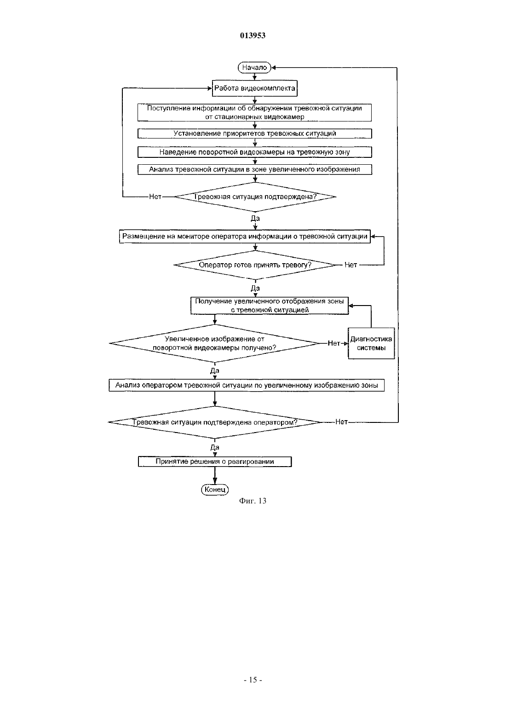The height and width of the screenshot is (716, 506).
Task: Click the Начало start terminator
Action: (254, 68)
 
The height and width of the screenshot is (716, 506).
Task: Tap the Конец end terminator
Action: (215, 489)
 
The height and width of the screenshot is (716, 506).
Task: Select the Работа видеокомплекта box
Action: (254, 88)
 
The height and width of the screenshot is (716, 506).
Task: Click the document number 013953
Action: (253, 35)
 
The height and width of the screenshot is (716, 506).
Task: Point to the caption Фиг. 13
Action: (253, 501)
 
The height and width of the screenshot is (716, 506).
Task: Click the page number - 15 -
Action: (253, 680)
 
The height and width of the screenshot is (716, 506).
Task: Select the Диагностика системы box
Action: (371, 343)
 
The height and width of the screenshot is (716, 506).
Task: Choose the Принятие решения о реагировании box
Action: (215, 462)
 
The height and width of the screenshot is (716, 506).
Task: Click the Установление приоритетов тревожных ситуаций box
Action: (254, 133)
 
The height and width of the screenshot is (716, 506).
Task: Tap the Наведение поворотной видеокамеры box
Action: (254, 152)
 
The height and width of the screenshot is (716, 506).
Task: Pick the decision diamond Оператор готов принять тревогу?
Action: (255, 265)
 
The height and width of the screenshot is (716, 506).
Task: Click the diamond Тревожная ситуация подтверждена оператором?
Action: (215, 422)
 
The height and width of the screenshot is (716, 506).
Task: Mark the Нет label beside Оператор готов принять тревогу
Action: (351, 265)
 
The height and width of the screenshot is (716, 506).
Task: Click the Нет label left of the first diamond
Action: (155, 196)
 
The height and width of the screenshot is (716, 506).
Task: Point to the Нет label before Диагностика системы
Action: (334, 343)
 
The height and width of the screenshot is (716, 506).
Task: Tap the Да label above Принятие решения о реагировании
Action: (215, 447)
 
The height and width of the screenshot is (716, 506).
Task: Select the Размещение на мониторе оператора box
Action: (245, 237)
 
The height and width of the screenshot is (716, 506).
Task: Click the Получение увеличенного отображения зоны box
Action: (270, 306)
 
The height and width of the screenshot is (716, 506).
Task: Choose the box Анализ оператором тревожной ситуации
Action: (246, 386)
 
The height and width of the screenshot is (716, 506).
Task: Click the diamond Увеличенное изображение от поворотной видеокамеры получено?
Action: (215, 343)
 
